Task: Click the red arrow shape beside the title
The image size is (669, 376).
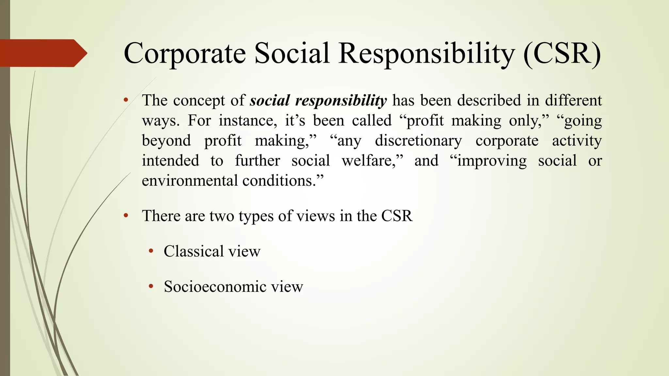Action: point(42,53)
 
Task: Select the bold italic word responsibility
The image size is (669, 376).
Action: point(341,101)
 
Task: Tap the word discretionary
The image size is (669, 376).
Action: point(418,141)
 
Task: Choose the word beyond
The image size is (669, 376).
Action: point(166,141)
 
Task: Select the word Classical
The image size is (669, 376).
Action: point(193,251)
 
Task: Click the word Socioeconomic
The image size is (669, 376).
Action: point(215,287)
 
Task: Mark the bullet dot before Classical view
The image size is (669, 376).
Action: point(151,251)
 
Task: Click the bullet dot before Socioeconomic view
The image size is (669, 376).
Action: point(151,287)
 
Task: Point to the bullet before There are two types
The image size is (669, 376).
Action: point(126,216)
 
